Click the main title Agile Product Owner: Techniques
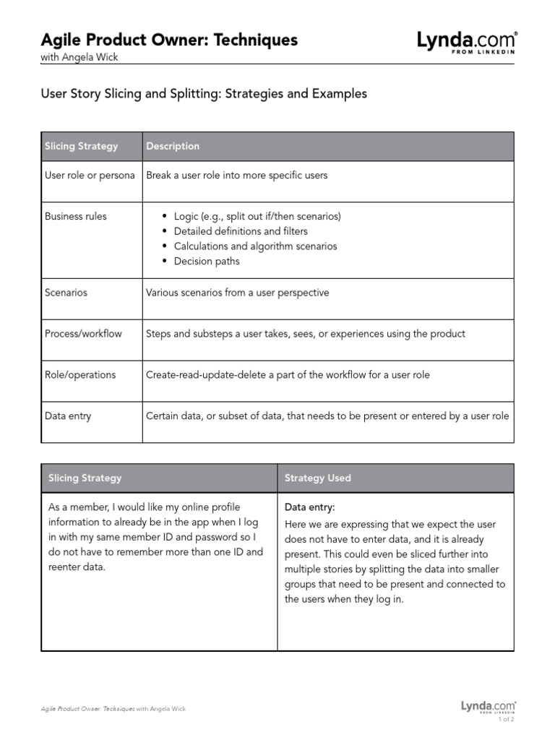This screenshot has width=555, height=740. pyautogui.click(x=169, y=40)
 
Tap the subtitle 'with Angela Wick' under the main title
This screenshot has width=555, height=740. pyautogui.click(x=79, y=58)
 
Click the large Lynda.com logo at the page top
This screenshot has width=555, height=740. pyautogui.click(x=466, y=42)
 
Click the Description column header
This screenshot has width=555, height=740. pyautogui.click(x=173, y=146)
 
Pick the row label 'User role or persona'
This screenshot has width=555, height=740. pyautogui.click(x=90, y=175)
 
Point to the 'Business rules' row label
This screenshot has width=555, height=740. pyautogui.click(x=75, y=216)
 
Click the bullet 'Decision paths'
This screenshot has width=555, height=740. pyautogui.click(x=207, y=262)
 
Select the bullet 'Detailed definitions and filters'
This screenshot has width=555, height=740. pyautogui.click(x=241, y=231)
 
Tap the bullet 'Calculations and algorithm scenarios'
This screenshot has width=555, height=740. pyautogui.click(x=255, y=246)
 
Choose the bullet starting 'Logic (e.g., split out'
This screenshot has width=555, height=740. pyautogui.click(x=257, y=216)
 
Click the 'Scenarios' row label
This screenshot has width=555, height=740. pyautogui.click(x=66, y=293)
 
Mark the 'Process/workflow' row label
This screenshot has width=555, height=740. pyautogui.click(x=83, y=334)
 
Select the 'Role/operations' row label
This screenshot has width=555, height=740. pyautogui.click(x=80, y=375)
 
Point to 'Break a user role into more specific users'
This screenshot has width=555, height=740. pyautogui.click(x=237, y=175)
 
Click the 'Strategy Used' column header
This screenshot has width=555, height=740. pyautogui.click(x=318, y=478)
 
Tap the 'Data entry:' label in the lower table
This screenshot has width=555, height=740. pyautogui.click(x=310, y=507)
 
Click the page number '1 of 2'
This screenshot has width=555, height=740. pyautogui.click(x=506, y=719)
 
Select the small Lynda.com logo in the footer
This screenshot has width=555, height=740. pyautogui.click(x=488, y=706)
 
